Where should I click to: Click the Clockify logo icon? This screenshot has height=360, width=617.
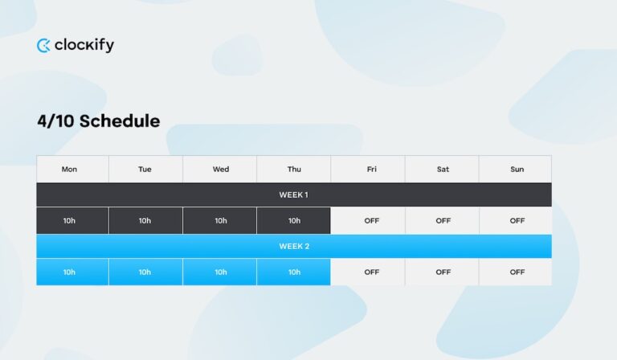[43, 46]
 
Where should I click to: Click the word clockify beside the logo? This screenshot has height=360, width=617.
[84, 45]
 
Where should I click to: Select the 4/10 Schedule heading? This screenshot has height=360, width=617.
[98, 121]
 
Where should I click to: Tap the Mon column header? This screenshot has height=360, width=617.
[69, 170]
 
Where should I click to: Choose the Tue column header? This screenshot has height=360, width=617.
[145, 170]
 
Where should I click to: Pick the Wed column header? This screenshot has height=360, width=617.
[221, 170]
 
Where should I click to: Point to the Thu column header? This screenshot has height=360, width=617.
[294, 170]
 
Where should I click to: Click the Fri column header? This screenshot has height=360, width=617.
[371, 170]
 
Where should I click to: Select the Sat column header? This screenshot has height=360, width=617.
[443, 170]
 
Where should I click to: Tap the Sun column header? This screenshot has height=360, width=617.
[517, 170]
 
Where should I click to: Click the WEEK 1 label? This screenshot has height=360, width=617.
[293, 195]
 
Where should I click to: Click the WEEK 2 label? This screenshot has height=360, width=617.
[293, 247]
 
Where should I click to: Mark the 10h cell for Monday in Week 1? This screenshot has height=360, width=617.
[69, 221]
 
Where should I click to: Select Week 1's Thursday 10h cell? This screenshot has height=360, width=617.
[294, 221]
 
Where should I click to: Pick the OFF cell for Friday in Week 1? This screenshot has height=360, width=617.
[371, 221]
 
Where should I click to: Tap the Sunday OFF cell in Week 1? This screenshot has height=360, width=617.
[517, 221]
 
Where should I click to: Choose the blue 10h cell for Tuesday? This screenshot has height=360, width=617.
[145, 272]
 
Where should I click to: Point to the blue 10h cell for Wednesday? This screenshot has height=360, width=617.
[221, 272]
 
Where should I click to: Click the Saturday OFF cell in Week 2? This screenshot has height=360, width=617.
[443, 272]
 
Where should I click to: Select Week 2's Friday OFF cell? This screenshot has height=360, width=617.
[371, 272]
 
